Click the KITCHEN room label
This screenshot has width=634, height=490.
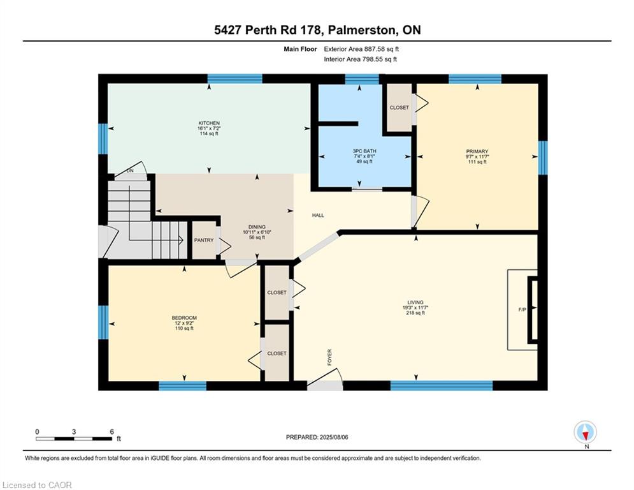click(x=209, y=123)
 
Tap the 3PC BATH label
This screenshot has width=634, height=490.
click(x=364, y=151)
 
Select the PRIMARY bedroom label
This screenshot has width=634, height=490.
click(x=477, y=151)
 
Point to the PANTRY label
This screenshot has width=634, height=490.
click(x=204, y=240)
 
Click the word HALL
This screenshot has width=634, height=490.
click(x=318, y=216)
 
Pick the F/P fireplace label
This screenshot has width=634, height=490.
click(x=522, y=310)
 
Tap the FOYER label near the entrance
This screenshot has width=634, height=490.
click(x=329, y=357)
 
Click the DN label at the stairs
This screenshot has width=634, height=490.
click(x=130, y=171)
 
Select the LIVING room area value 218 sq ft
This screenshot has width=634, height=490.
click(x=415, y=313)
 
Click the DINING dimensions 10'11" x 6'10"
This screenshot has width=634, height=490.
click(x=257, y=232)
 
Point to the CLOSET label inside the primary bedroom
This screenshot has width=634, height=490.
click(x=399, y=108)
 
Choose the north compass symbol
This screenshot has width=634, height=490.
click(x=585, y=432)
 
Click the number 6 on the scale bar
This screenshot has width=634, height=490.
click(x=112, y=432)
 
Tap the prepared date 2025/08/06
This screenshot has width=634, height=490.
click(x=334, y=437)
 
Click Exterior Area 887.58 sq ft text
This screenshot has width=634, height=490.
click(x=361, y=49)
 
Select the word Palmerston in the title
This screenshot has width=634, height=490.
click(x=362, y=30)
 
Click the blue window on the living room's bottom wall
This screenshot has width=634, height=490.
click(x=442, y=385)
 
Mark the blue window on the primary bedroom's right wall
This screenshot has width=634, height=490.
click(x=543, y=158)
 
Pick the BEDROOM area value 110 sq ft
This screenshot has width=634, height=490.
click(x=184, y=329)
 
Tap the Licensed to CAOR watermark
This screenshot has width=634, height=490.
click(x=37, y=485)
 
